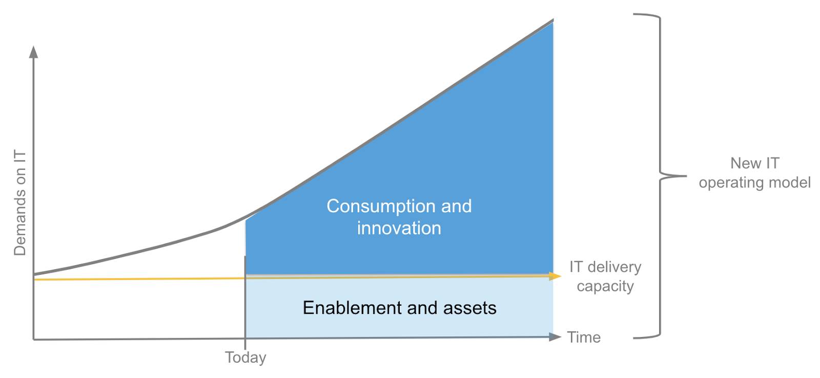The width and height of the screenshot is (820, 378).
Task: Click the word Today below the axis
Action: [245, 357]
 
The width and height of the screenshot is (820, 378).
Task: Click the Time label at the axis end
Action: [584, 337]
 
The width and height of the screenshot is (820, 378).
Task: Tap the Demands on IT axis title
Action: [20, 203]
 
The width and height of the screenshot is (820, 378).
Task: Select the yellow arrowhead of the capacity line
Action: [556, 276]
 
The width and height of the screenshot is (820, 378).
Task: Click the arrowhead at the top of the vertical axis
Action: [34, 51]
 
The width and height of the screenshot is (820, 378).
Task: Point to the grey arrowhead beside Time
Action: [555, 337]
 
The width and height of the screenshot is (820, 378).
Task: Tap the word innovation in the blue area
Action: [399, 228]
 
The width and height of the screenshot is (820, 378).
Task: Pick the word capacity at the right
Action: [605, 286]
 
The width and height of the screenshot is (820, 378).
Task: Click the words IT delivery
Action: [605, 267]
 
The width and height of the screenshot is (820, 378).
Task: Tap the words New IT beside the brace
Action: [754, 163]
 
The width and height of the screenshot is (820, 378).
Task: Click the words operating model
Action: [754, 183]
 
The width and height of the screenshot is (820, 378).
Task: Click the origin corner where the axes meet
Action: [34, 339]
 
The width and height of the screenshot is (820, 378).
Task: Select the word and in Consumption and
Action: [456, 206]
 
